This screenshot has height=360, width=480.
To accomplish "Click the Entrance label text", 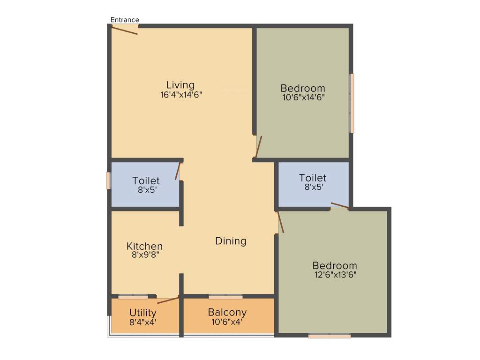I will coord(125,20).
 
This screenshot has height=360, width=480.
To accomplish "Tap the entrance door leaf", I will coord(125,30).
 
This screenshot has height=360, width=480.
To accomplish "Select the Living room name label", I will coord(180,85).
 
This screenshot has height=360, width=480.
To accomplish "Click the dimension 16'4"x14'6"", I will coord(181,94).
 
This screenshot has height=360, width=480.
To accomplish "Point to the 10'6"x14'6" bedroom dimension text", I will coord(302,97).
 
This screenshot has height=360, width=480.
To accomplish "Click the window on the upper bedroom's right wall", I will coord(352,103).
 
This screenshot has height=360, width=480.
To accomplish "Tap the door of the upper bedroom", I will coord(259,147).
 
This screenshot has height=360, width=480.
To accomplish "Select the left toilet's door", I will coord(178,171).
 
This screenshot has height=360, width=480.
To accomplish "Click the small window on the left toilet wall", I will coord(108,181).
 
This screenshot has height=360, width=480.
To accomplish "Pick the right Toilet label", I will coord(313,178).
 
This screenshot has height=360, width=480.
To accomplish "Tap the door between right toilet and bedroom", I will coord(339,205).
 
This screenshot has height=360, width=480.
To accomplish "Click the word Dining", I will coord(231,241).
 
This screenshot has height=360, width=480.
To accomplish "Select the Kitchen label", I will coord(145,246).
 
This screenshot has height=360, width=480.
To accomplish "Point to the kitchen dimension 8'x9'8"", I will coord(145,255).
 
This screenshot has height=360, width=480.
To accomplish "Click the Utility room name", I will coord(143,313).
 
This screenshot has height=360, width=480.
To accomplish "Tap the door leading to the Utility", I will coord(168,300).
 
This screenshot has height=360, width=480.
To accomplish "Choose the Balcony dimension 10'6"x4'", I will coord(227,322).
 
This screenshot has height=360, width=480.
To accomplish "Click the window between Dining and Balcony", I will coord(225,296).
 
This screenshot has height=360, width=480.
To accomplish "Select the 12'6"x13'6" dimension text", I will coord(335,275).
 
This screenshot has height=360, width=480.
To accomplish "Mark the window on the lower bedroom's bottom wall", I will coord(330,336).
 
